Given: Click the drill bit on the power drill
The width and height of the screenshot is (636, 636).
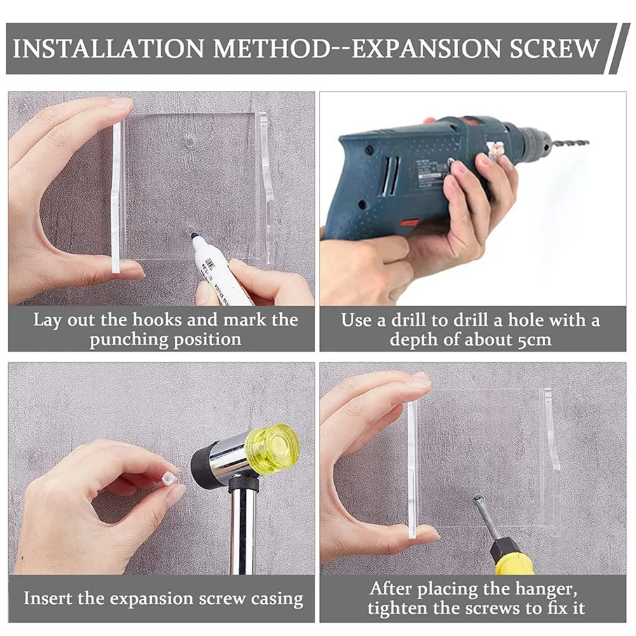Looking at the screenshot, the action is pyautogui.click(x=568, y=142).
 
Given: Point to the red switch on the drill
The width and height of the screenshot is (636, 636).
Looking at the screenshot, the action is pyautogui.click(x=410, y=222).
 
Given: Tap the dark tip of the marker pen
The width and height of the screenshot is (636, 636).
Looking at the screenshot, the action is pyautogui.click(x=193, y=236).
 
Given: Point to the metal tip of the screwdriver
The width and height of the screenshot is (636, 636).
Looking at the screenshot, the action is pyautogui.click(x=478, y=501).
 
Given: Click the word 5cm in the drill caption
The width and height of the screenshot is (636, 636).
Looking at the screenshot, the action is pyautogui.click(x=534, y=339).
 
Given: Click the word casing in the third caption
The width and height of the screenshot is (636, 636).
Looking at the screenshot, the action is pyautogui.click(x=278, y=600).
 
